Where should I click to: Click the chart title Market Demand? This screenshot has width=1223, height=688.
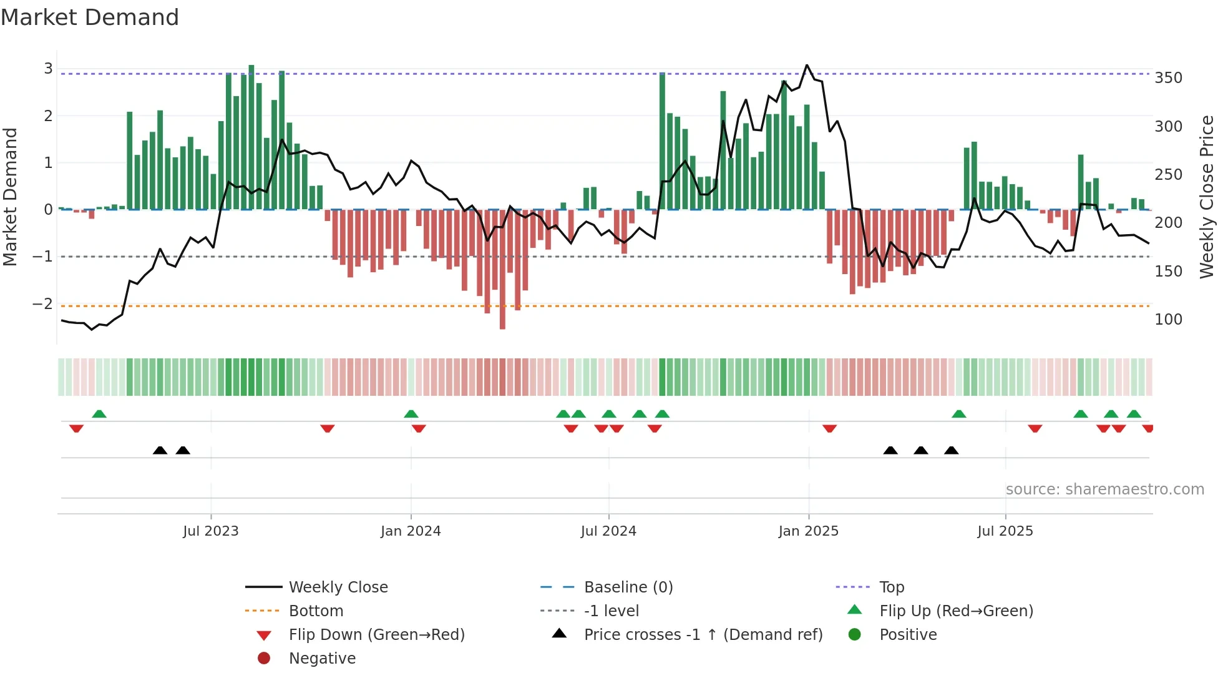click(x=90, y=17)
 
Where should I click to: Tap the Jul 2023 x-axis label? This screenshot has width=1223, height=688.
click(x=210, y=531)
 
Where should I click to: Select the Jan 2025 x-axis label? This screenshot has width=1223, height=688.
click(x=808, y=531)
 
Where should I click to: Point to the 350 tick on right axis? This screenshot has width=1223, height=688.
click(x=1168, y=78)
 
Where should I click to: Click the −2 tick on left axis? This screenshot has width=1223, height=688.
click(x=42, y=304)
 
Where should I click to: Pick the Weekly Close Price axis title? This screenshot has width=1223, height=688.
click(x=1207, y=197)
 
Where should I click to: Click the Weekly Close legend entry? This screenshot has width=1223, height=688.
click(x=338, y=587)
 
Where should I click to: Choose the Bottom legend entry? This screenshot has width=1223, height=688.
click(x=316, y=611)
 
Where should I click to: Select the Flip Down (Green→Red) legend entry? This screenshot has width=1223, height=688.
click(x=376, y=635)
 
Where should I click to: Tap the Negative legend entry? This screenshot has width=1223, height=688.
click(x=322, y=659)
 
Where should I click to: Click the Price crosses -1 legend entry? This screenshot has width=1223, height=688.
click(x=703, y=635)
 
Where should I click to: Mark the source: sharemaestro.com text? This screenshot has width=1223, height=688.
click(x=1104, y=489)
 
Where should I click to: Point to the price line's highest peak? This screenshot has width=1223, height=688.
click(x=807, y=65)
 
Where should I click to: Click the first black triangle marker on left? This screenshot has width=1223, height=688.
click(x=160, y=450)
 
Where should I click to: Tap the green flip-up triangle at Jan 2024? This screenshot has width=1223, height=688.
click(x=411, y=414)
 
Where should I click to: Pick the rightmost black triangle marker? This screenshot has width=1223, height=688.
click(x=951, y=450)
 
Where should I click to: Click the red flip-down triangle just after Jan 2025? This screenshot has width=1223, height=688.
click(x=829, y=428)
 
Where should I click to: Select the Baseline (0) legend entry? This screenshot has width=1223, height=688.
click(x=628, y=587)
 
